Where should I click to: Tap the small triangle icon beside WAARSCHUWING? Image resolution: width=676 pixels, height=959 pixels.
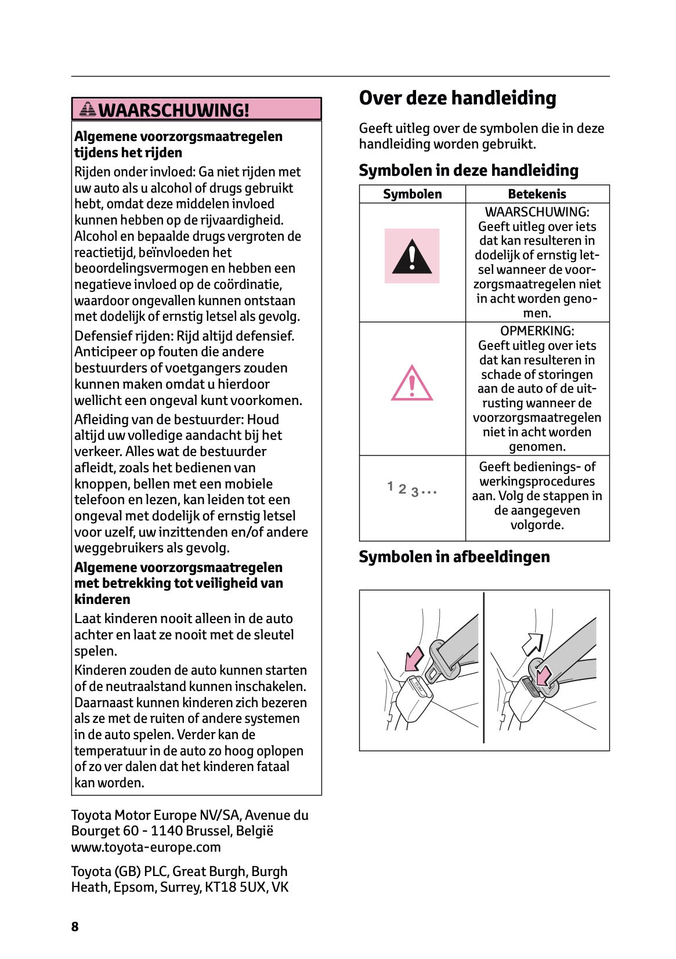point(88,108)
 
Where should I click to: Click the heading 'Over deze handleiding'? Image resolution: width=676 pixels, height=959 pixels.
point(457,98)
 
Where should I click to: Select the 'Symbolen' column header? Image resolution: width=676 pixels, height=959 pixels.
point(412,194)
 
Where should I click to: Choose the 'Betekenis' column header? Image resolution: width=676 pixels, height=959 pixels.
point(537,194)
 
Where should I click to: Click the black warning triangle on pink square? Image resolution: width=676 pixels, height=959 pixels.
point(412,256)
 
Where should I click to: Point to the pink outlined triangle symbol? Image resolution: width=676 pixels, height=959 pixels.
point(412,383)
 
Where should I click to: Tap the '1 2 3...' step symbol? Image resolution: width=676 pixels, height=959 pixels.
point(411,490)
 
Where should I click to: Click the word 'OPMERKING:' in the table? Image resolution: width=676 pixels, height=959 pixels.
point(537,331)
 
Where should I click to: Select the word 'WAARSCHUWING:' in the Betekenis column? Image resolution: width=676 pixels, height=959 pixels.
point(537,212)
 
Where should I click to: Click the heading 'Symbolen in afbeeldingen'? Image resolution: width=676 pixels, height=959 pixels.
point(454,557)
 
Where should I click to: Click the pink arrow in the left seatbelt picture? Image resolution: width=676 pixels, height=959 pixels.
point(414,658)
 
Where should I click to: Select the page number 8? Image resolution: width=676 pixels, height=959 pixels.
point(75,927)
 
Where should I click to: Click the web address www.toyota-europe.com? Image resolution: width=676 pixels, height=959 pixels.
point(146,847)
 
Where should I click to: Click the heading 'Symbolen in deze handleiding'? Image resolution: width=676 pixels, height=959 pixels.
point(468,171)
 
